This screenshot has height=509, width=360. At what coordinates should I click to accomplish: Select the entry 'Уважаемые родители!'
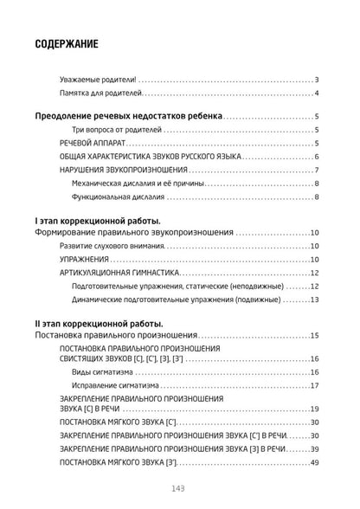coord(86,79)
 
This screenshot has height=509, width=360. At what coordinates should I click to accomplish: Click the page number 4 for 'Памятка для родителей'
coord(318,93)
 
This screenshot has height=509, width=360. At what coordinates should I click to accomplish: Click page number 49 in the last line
coord(315,463)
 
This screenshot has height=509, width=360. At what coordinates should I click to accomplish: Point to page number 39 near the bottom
coord(315,449)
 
